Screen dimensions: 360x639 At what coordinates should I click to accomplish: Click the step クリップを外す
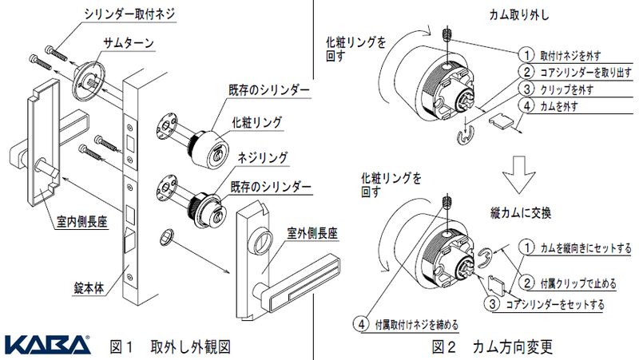pos(568,89)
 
